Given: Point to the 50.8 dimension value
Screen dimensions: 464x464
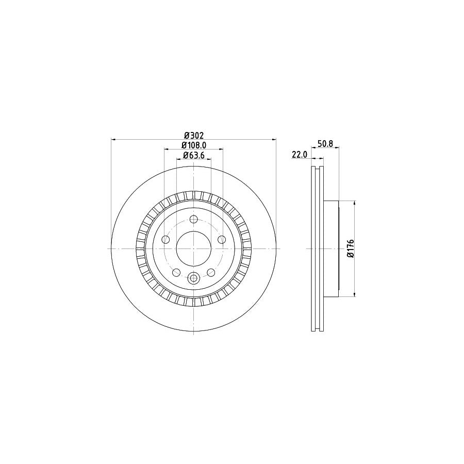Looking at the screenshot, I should (x=325, y=144).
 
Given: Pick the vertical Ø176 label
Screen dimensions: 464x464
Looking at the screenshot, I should (x=350, y=248).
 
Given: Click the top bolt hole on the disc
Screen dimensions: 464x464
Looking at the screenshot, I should (x=193, y=219).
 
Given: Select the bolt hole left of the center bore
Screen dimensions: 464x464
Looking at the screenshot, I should (x=165, y=240).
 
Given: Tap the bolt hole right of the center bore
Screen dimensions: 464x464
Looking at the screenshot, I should (x=221, y=240).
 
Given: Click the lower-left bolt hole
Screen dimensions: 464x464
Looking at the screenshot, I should (x=176, y=272).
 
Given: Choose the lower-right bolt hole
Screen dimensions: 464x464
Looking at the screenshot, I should (x=210, y=272).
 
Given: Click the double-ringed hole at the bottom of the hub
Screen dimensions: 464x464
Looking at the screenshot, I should (x=193, y=278).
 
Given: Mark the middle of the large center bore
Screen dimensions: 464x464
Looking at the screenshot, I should (x=193, y=248).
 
